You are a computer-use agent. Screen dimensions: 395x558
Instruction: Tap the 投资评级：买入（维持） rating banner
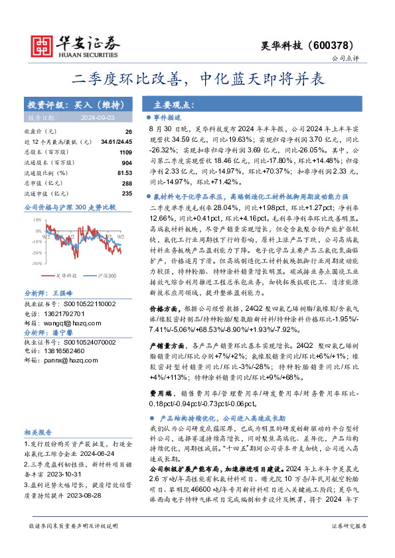(x=74, y=105)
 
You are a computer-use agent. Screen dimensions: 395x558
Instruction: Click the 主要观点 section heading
(x=174, y=105)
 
